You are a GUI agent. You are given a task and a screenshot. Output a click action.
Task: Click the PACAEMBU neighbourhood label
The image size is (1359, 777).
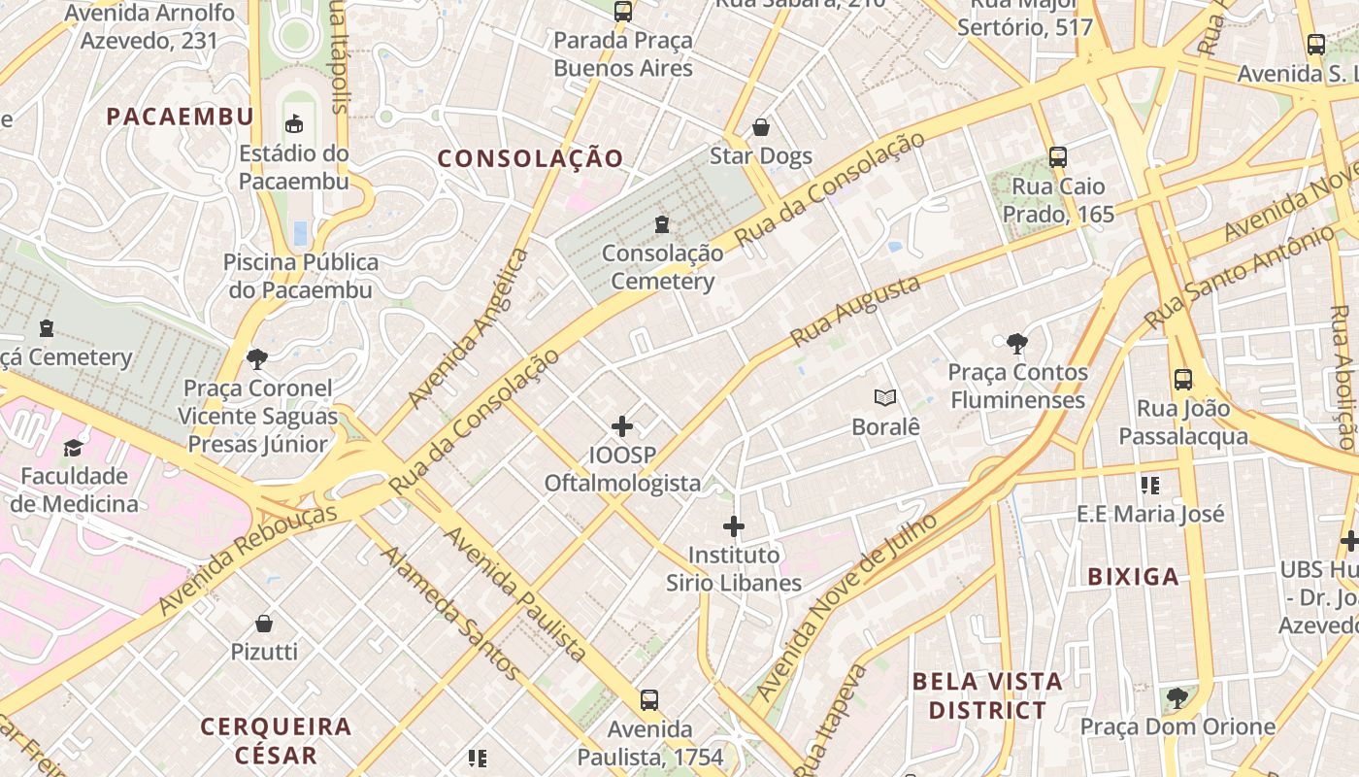coord(180,117)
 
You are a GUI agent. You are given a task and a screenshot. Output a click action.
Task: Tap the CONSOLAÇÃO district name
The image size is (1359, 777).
coord(530,158)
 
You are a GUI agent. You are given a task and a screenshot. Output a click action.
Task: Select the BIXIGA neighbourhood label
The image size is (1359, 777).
coord(1133,577)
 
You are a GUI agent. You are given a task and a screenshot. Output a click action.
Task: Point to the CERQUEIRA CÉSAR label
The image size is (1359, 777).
coord(276,740)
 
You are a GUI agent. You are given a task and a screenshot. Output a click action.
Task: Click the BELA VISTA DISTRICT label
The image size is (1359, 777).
coord(987,695)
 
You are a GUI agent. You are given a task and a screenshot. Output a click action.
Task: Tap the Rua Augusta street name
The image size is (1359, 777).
coord(855,311)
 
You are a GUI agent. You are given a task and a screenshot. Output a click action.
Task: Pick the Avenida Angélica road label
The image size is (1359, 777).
coord(469,327)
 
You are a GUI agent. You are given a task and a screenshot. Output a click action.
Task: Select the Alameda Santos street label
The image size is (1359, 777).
coord(450,612)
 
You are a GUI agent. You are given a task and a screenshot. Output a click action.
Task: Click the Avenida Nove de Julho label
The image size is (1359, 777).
coord(845,607)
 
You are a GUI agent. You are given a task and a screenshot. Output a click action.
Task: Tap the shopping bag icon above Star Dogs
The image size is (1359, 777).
coord(761,127)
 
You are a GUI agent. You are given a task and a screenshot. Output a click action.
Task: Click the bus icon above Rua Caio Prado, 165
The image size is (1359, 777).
coord(1058,156)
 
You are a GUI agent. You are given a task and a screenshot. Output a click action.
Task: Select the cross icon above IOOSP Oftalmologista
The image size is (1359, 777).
coord(622,426)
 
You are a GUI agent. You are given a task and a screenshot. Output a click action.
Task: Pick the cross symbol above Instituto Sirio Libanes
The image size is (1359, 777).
coord(734,526)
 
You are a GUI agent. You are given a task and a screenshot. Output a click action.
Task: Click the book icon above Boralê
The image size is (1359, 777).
coord(884,397)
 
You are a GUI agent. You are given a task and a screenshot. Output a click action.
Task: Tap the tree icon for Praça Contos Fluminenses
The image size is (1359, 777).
coord(1017,343)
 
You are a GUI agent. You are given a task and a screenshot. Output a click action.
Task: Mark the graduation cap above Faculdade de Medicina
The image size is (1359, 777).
coord(74,448)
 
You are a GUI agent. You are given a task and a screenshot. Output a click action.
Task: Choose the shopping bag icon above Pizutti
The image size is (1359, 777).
coord(264,623)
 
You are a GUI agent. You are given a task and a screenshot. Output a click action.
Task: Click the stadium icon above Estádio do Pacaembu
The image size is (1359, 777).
coord(293,123)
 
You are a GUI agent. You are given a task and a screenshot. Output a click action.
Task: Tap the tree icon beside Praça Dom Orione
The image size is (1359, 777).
coord(1177,697)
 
